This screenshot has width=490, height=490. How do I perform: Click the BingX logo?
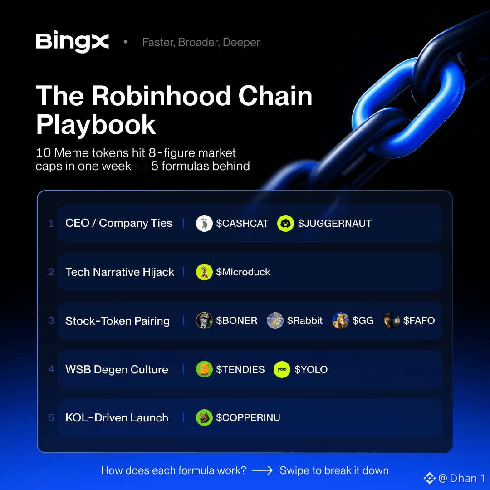[x=73, y=42]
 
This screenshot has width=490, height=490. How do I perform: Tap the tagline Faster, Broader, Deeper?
[x=201, y=42]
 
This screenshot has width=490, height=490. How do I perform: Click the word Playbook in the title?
[x=96, y=125]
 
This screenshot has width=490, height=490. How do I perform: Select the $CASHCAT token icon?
[x=204, y=223]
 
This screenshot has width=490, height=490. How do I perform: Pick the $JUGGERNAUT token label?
[x=335, y=223]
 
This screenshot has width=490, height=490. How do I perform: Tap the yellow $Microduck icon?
[x=204, y=272]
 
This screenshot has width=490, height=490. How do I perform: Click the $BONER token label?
[x=236, y=321]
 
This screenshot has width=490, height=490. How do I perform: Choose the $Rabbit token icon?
[x=275, y=321]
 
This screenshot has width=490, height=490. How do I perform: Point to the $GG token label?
[x=363, y=321]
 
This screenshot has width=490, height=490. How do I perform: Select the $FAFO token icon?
[x=391, y=321]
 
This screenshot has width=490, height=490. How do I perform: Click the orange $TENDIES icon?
[x=204, y=369]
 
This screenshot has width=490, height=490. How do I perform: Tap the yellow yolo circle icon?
[x=282, y=369]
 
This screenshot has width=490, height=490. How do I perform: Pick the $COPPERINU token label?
[x=248, y=418]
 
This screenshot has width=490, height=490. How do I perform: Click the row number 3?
[x=51, y=321]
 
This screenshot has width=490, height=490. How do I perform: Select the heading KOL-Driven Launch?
[x=117, y=418]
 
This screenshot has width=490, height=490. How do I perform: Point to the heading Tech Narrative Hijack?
[x=120, y=272]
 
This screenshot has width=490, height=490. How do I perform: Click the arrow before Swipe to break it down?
[x=263, y=470]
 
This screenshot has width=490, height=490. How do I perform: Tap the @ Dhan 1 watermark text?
[x=461, y=479]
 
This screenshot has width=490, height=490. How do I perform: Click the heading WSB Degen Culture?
[x=117, y=370]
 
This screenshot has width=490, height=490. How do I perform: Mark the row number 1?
[x=51, y=223]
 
